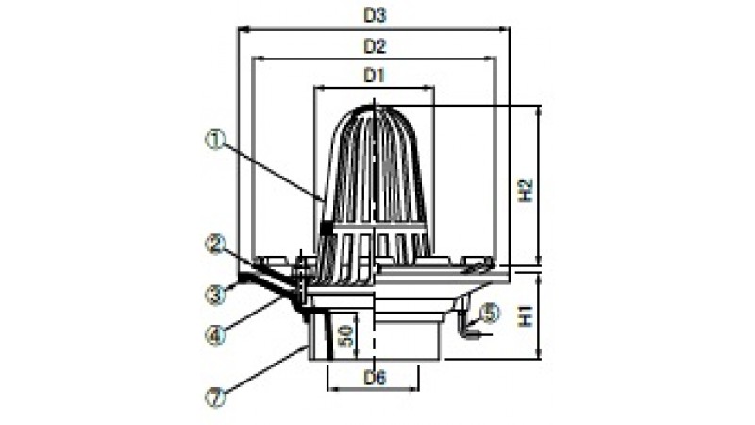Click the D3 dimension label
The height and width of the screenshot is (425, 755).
[375, 16]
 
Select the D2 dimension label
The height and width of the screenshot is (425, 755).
[375, 46]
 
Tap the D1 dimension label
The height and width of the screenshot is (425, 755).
[375, 76]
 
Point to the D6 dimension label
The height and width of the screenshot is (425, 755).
[375, 379]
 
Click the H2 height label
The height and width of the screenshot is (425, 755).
[528, 191]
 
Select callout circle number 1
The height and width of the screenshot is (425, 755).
[215, 140]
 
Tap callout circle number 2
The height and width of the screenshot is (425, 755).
[215, 245]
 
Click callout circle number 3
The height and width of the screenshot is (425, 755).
[215, 295]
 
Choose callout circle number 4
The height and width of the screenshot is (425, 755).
[215, 334]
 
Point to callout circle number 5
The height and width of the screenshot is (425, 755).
[490, 314]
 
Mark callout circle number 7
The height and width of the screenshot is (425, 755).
[215, 398]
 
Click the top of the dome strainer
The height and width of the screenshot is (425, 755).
[374, 106]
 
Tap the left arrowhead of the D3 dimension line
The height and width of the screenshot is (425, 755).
[243, 30]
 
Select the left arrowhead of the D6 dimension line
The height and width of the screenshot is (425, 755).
[332, 388]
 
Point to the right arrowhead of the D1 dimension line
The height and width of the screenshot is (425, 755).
[429, 88]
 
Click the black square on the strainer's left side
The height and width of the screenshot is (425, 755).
[326, 228]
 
